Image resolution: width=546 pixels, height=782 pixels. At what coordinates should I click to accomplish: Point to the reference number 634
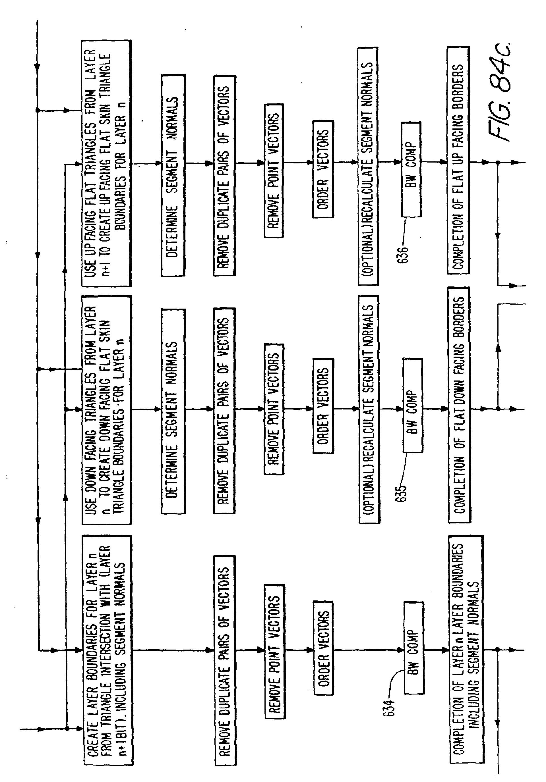tap(389, 708)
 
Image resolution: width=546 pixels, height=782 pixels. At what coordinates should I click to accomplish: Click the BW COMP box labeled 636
tap(411, 169)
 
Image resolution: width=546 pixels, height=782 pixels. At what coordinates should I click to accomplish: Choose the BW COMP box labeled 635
tap(412, 405)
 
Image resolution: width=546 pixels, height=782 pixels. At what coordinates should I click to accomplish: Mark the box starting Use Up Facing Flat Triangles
tap(106, 163)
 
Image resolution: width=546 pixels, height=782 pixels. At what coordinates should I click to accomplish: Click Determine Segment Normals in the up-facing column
tap(173, 175)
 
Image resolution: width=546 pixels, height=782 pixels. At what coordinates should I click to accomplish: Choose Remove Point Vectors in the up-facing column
tap(274, 170)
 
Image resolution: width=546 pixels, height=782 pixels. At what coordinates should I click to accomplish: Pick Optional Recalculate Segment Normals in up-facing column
tap(368, 166)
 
